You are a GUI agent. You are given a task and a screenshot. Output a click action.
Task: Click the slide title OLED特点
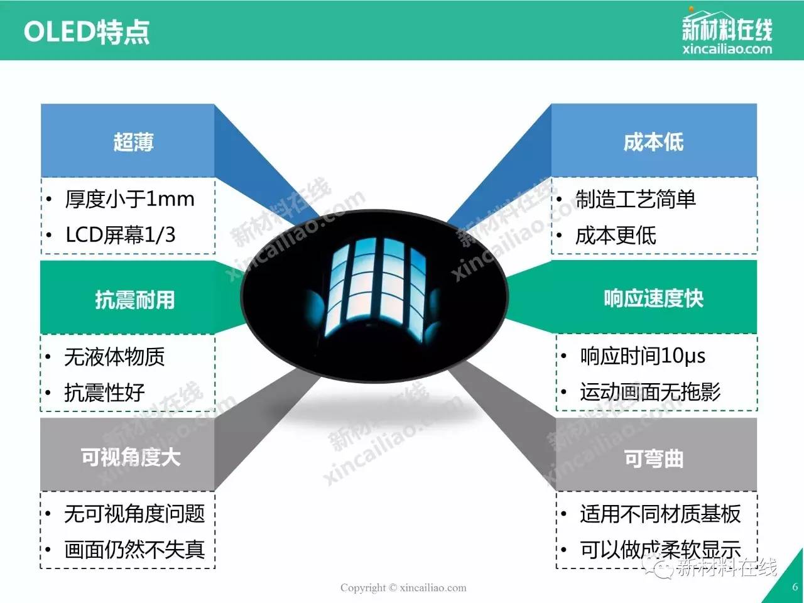(x=87, y=32)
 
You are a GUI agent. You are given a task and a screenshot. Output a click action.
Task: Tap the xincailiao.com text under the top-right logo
(x=727, y=49)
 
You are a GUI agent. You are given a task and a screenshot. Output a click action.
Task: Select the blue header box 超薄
(x=128, y=141)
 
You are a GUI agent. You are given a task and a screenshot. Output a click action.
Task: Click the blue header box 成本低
(x=654, y=141)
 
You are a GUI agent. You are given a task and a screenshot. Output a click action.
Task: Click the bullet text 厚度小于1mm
(x=129, y=200)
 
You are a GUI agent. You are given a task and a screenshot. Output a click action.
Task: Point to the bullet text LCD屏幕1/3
(x=121, y=235)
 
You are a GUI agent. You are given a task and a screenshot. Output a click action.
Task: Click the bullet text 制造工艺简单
(x=636, y=200)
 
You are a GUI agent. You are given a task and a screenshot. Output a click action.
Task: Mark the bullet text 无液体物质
(x=114, y=357)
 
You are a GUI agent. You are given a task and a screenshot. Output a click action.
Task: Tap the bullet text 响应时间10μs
(x=643, y=356)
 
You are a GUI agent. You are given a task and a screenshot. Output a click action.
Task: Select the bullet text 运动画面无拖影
(x=651, y=392)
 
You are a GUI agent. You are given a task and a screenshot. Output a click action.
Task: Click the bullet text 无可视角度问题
(x=134, y=514)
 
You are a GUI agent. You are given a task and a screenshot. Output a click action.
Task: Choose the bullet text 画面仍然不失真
(x=134, y=550)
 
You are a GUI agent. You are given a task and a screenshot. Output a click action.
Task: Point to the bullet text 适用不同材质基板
(x=660, y=514)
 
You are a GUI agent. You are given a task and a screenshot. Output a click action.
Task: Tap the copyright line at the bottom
(x=403, y=588)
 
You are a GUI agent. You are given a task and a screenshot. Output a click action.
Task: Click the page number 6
(x=795, y=587)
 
